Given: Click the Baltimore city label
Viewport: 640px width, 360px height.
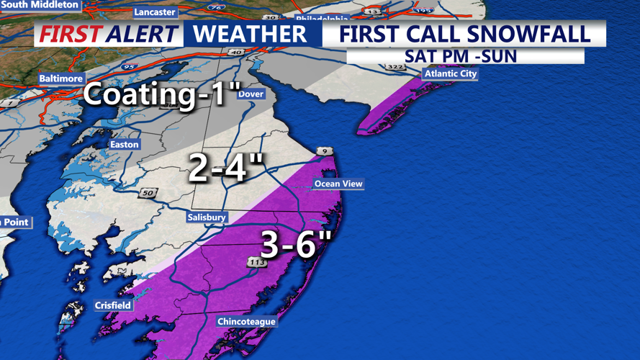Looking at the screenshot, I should (61, 78).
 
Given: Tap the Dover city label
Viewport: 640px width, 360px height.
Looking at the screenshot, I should (251, 94).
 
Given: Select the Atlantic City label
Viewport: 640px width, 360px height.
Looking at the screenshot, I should (451, 73).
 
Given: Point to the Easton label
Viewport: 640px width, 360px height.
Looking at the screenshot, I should (124, 145).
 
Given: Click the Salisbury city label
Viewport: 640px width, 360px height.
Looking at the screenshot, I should (207, 217).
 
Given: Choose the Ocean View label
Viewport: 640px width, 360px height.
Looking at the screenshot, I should (338, 184).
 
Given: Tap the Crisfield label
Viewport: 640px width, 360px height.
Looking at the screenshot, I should (113, 305).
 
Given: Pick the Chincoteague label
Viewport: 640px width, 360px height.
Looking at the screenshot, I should (246, 321).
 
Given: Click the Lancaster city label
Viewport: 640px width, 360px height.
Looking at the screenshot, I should (155, 12).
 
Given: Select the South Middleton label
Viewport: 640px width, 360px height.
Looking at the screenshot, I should (40, 4).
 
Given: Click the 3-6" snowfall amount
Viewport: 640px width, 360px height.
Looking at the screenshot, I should (295, 245).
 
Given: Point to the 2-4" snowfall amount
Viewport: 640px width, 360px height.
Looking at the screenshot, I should (226, 167).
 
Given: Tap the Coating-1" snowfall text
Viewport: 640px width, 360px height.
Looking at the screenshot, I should (161, 95).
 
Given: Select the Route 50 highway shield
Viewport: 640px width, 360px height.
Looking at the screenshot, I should (148, 193).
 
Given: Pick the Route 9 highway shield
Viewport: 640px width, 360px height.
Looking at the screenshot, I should (324, 151).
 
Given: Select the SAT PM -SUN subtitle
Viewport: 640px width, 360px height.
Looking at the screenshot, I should (461, 56).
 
